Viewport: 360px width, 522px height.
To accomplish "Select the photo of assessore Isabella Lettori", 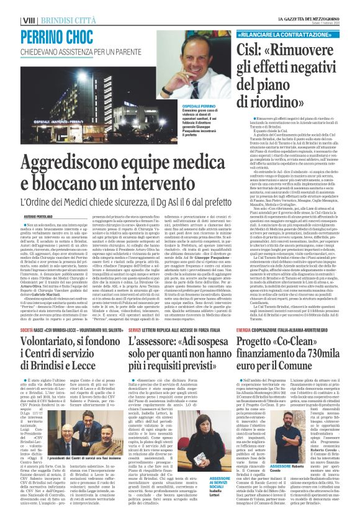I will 218,456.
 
